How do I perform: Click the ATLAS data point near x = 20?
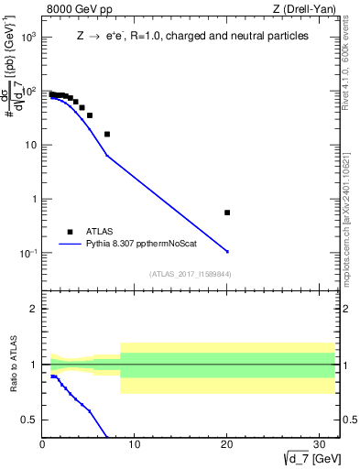(x=227, y=213)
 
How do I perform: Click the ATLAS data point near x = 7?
(x=107, y=134)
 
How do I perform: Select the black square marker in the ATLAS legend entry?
(x=69, y=232)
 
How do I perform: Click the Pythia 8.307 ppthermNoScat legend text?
(x=134, y=245)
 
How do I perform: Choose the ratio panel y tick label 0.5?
(x=29, y=420)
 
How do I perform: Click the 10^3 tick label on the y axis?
(x=27, y=38)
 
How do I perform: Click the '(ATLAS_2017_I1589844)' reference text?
(x=191, y=274)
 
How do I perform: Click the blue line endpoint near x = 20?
(x=227, y=251)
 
